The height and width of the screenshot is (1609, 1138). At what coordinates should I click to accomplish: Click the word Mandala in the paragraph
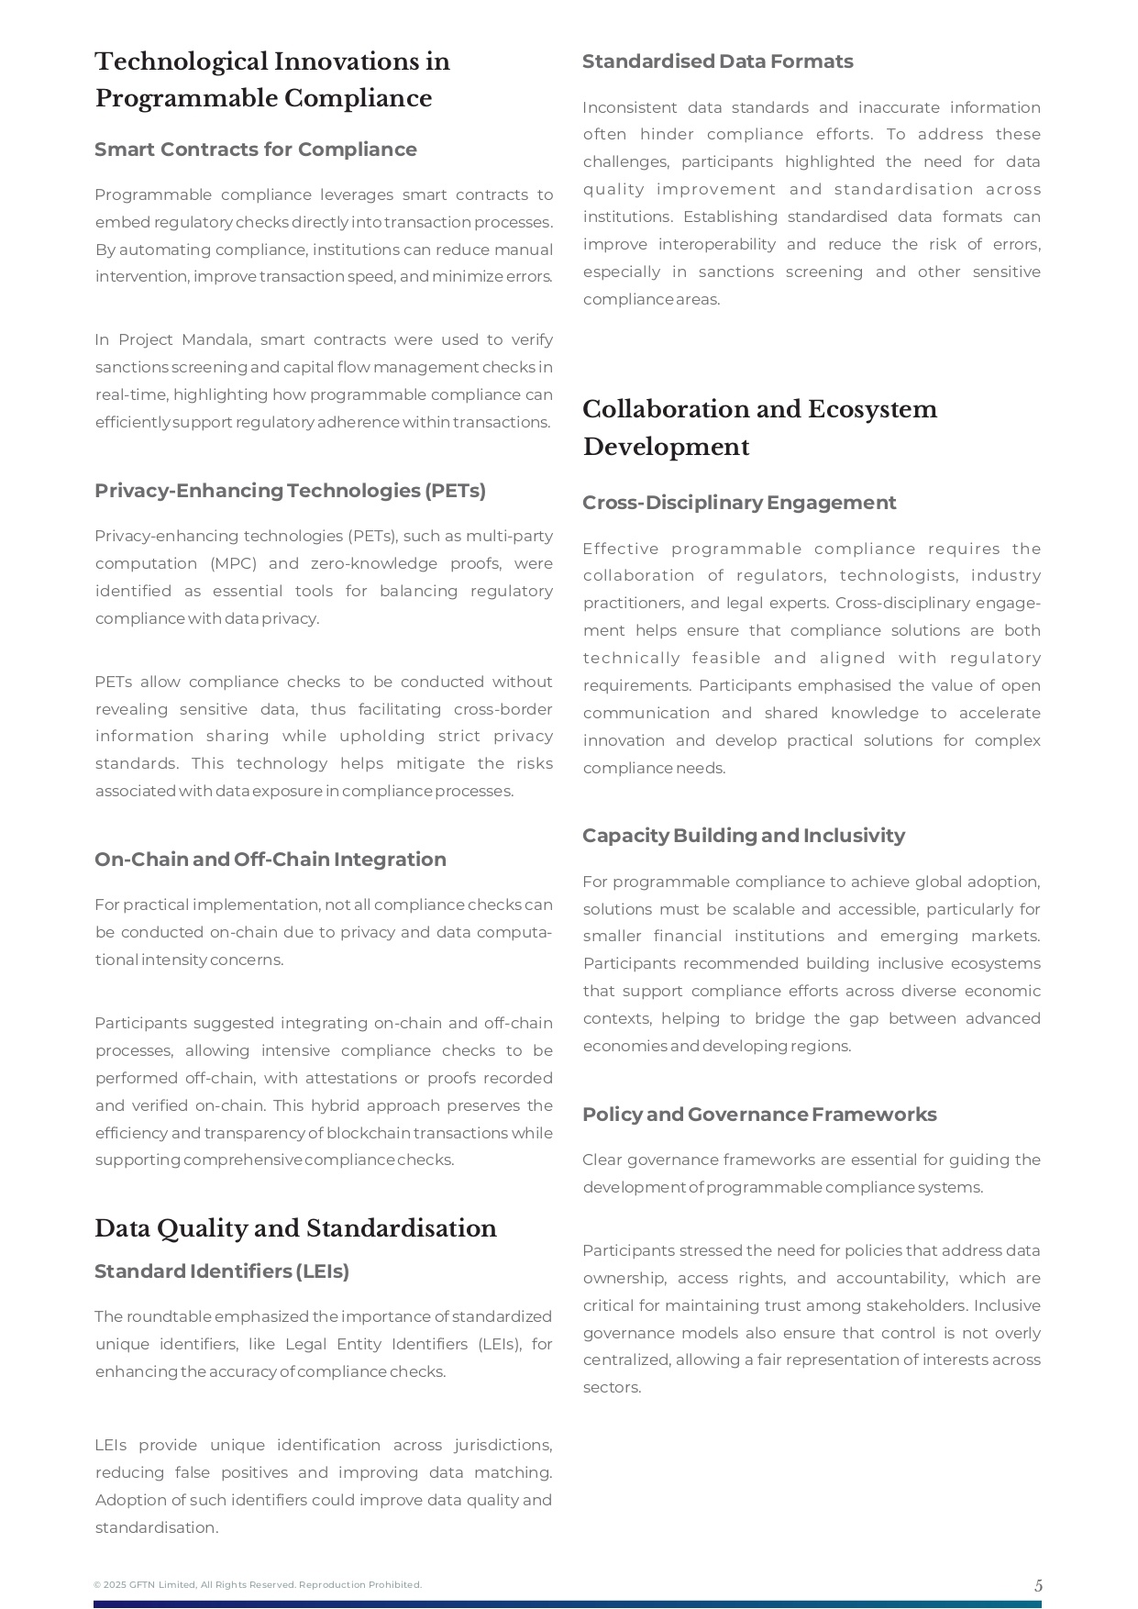(x=215, y=340)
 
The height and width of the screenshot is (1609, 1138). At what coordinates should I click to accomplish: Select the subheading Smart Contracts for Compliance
(x=256, y=150)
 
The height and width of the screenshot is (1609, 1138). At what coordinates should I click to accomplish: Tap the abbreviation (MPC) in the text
(x=233, y=563)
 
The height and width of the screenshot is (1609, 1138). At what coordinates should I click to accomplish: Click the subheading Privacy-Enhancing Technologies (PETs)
(x=290, y=491)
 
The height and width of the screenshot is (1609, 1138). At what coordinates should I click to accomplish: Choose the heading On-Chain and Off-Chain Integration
(x=271, y=860)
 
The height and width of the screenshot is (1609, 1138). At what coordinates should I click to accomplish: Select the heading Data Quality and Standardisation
(x=295, y=1228)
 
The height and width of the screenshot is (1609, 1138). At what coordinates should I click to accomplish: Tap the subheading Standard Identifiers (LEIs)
(x=222, y=1271)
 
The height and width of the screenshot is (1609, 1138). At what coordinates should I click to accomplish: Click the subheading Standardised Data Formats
(x=717, y=61)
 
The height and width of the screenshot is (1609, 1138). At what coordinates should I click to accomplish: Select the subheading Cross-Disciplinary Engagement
(x=738, y=503)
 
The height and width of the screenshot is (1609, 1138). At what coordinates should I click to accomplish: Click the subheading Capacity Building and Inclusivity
(x=743, y=836)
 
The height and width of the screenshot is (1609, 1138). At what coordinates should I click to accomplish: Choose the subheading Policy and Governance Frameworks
(x=759, y=1115)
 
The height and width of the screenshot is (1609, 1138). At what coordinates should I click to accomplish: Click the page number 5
(x=1038, y=1585)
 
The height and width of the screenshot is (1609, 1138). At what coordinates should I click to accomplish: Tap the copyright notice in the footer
(x=258, y=1585)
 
